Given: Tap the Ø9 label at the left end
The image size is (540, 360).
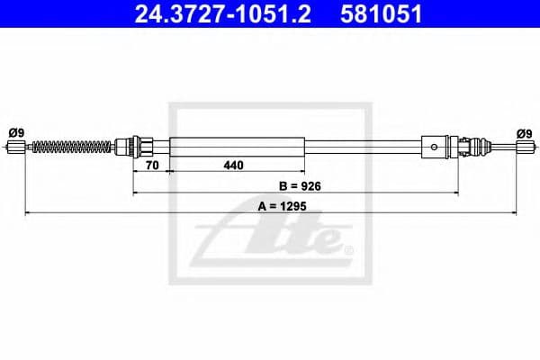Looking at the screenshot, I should pyautogui.click(x=15, y=132).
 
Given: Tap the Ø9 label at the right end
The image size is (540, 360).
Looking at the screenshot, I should pyautogui.click(x=524, y=132).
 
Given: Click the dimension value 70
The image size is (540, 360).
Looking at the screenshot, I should pyautogui.click(x=150, y=166).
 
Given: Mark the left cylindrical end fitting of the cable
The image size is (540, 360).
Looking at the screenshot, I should pyautogui.click(x=15, y=145).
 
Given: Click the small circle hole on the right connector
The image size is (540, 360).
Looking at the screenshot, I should pyautogui.click(x=436, y=145).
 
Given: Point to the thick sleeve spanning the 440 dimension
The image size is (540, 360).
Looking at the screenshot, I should pyautogui.click(x=236, y=145).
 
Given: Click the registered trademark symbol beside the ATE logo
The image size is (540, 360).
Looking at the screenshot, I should pyautogui.click(x=348, y=249).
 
